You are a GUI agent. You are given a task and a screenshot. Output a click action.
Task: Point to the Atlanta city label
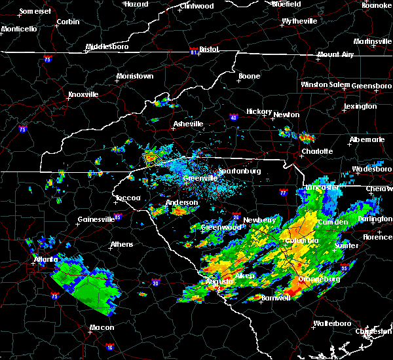pyautogui.click(x=48, y=259)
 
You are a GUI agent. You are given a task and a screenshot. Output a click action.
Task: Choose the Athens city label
pyautogui.click(x=121, y=245)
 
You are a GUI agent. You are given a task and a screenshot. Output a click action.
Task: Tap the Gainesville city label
pyautogui.click(x=96, y=219)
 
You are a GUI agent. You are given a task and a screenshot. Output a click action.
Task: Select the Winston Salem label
pyautogui.click(x=325, y=84)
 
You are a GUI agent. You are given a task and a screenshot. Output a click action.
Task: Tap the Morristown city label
pyautogui.click(x=134, y=76)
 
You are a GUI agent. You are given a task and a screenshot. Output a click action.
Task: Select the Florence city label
pyautogui.click(x=377, y=236)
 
